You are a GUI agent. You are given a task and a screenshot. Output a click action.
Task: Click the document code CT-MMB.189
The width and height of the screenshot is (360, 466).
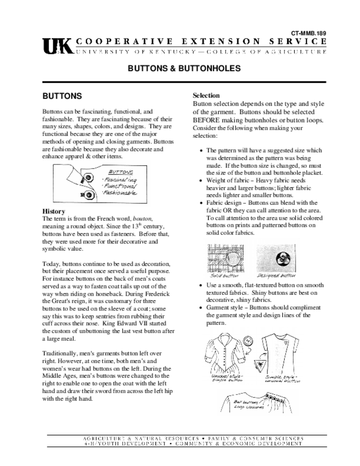click(x=309, y=33)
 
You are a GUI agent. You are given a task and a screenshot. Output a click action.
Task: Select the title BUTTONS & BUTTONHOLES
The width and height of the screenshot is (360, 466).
click(x=184, y=68)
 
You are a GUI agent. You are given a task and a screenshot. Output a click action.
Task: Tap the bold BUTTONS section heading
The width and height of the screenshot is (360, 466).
click(x=62, y=96)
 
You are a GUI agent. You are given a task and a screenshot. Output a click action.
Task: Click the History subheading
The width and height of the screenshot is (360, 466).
click(x=54, y=211)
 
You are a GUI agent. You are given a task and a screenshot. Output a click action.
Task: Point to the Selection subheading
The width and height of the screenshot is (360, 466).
click(x=206, y=96)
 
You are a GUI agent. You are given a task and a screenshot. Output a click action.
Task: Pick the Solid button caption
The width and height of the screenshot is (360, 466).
click(x=224, y=276)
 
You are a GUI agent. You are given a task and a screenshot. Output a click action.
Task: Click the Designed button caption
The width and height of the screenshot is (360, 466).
click(x=276, y=276)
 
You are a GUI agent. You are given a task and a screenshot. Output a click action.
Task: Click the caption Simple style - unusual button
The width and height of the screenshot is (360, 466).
click(x=283, y=379)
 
